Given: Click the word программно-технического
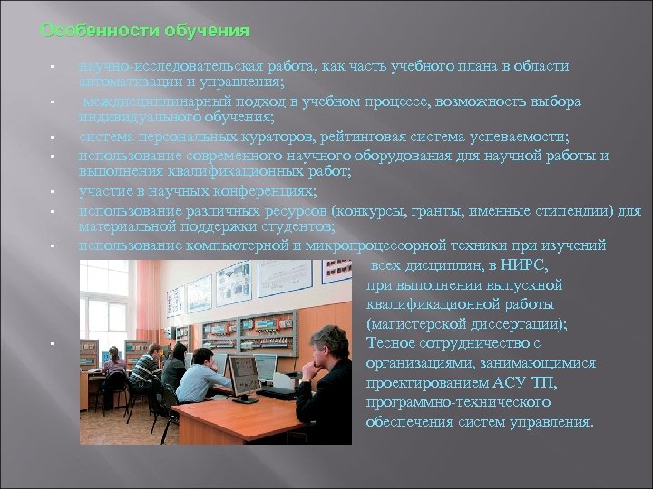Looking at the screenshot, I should [x=456, y=401].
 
